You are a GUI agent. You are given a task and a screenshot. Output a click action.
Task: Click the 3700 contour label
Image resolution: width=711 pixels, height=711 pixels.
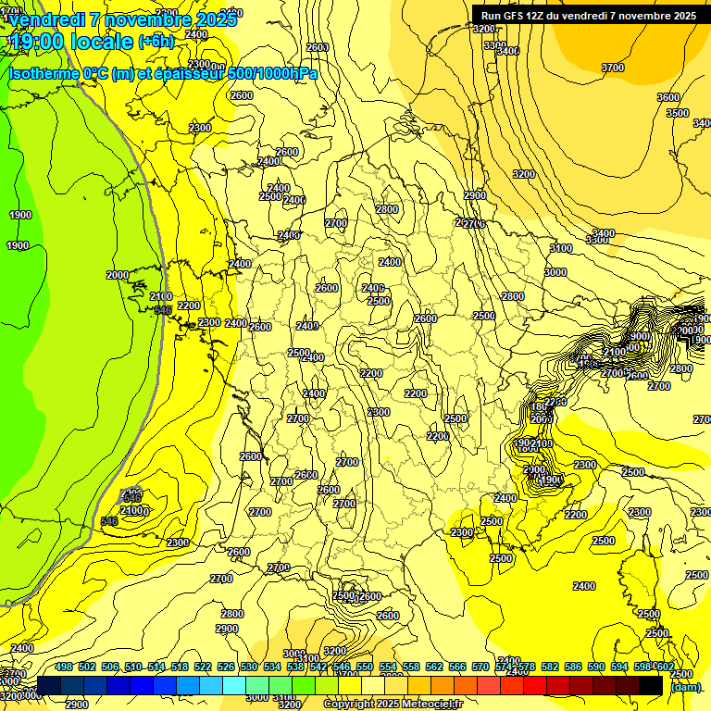613,68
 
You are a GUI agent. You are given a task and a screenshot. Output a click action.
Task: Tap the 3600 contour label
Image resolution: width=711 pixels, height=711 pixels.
667,97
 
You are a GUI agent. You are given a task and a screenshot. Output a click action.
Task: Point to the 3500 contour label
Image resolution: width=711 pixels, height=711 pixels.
678,113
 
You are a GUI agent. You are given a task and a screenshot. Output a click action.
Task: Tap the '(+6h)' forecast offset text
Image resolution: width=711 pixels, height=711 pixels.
155,42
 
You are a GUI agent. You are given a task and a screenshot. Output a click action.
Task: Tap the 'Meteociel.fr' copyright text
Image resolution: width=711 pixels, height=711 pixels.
427,705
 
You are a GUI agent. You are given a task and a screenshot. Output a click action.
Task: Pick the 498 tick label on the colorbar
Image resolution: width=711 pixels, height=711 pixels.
64,667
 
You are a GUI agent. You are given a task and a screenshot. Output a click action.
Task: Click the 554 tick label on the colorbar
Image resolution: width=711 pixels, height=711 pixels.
388,667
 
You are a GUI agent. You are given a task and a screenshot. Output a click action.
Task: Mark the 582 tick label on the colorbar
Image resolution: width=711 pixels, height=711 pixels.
550,667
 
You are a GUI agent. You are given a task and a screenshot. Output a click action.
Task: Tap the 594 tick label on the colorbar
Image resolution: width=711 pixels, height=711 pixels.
619,667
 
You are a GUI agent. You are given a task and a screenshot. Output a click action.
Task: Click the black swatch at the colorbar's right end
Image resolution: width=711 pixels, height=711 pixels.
651,686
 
